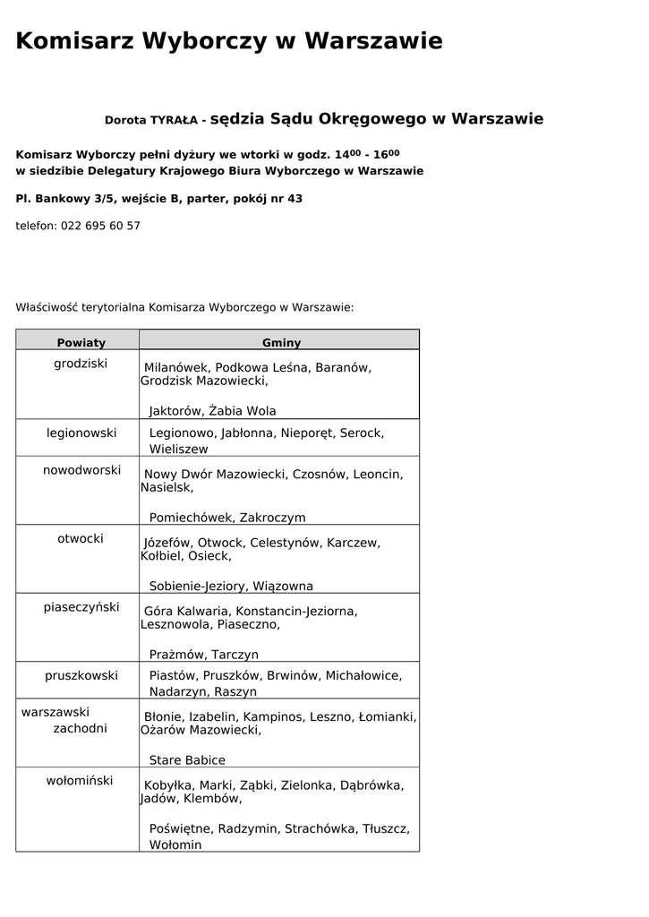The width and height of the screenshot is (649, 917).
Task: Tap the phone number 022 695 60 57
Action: coord(100,227)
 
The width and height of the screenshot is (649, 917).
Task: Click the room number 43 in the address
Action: coord(295,199)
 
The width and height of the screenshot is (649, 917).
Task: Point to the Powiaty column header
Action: coord(81,343)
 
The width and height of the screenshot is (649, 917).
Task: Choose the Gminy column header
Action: coord(281,343)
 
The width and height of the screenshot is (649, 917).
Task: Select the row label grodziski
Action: coord(81,364)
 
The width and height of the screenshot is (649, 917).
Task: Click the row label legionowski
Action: coord(81,433)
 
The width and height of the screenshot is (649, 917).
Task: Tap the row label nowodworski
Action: coord(81,470)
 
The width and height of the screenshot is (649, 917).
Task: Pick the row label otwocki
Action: coord(81,539)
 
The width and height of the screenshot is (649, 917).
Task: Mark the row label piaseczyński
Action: coord(81,607)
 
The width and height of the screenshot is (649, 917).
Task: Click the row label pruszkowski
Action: coord(81,676)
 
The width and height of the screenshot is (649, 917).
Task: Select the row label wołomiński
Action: coord(80,781)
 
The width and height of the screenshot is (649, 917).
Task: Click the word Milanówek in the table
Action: coord(176,368)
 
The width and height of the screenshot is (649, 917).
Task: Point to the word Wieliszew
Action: coord(178,450)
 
